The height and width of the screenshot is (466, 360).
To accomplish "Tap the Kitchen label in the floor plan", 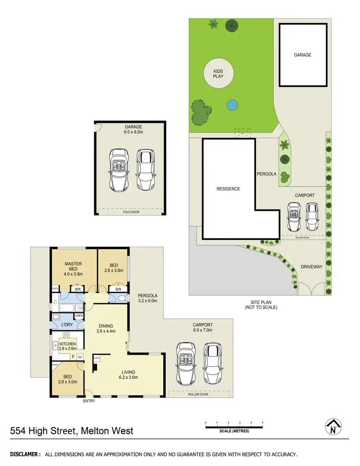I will click(x=67, y=346).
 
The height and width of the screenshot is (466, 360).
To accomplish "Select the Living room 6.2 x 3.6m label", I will click(x=128, y=374).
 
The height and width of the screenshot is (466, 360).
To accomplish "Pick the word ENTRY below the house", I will click(x=89, y=401).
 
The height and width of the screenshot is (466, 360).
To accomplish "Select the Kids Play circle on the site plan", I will click(x=218, y=74).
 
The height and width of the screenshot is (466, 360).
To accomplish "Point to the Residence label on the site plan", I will click(x=228, y=189).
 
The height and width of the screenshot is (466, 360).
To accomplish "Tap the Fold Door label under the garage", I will click(x=131, y=212).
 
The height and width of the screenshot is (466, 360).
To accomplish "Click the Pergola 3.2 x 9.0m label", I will click(x=148, y=298).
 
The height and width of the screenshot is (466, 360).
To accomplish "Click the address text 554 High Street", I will click(x=72, y=431).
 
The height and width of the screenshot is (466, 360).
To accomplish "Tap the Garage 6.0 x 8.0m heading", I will click(x=131, y=130).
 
